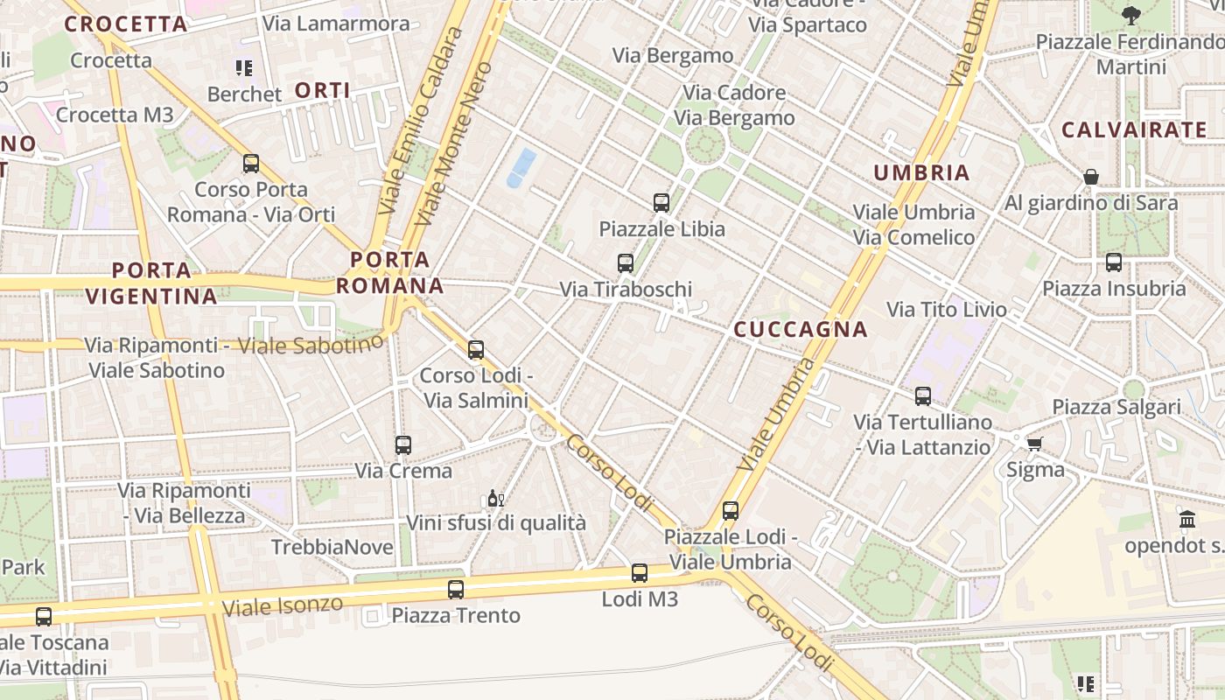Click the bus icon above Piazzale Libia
pyautogui.click(x=661, y=203)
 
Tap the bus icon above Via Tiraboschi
pyautogui.click(x=626, y=262)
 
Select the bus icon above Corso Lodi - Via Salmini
pyautogui.click(x=476, y=350)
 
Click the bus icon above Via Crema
pyautogui.click(x=403, y=444)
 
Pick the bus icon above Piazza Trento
pyautogui.click(x=456, y=589)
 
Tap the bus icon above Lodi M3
pyautogui.click(x=640, y=573)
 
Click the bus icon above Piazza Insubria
pyautogui.click(x=1114, y=262)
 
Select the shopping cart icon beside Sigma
pyautogui.click(x=1035, y=444)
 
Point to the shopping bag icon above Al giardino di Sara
pyautogui.click(x=1091, y=178)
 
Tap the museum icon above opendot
pyautogui.click(x=1187, y=520)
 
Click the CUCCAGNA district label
pyautogui.click(x=801, y=330)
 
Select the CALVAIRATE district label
pyautogui.click(x=1134, y=130)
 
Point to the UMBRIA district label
pyautogui.click(x=922, y=173)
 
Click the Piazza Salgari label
pyautogui.click(x=1116, y=407)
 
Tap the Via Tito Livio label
pyautogui.click(x=947, y=309)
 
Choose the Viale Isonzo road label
pyautogui.click(x=282, y=605)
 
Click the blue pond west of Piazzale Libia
pyautogui.click(x=521, y=167)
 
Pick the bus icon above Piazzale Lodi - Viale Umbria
pyautogui.click(x=731, y=510)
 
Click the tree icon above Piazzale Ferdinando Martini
pyautogui.click(x=1131, y=15)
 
